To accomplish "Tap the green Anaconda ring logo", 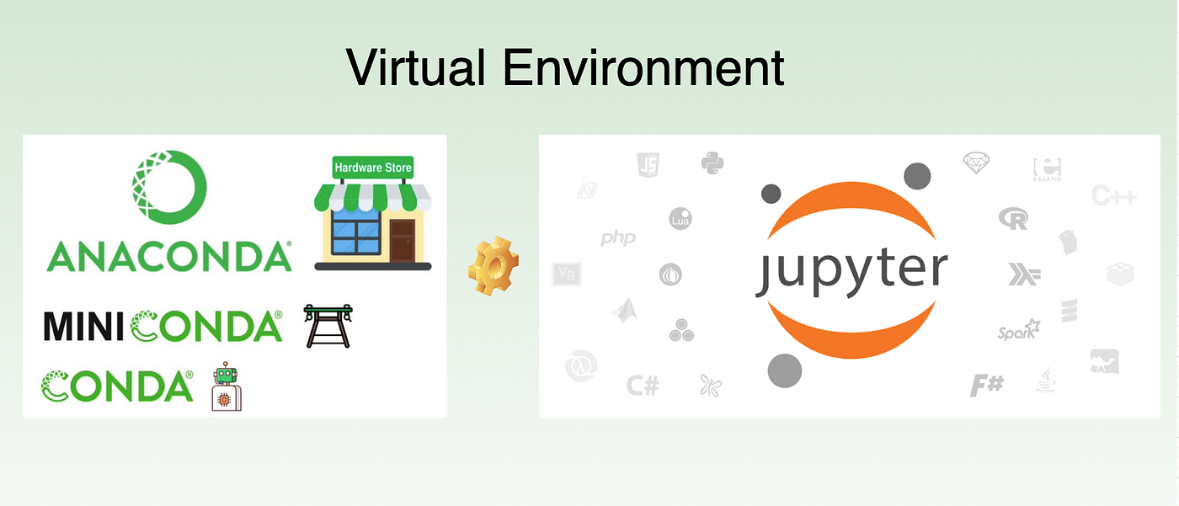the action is tap(168, 188).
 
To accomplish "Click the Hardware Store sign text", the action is tap(373, 168).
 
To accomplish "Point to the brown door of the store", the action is tap(402, 240).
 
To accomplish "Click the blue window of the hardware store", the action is tap(355, 226).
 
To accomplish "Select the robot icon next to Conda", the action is tap(226, 388).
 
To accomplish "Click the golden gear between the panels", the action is tap(493, 267).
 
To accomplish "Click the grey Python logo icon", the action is tap(713, 162).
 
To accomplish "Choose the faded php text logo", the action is tap(618, 239).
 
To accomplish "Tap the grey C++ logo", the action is tap(1113, 196).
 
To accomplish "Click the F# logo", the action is tap(986, 386).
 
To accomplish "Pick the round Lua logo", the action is tap(680, 219).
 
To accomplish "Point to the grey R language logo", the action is tap(1014, 219).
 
